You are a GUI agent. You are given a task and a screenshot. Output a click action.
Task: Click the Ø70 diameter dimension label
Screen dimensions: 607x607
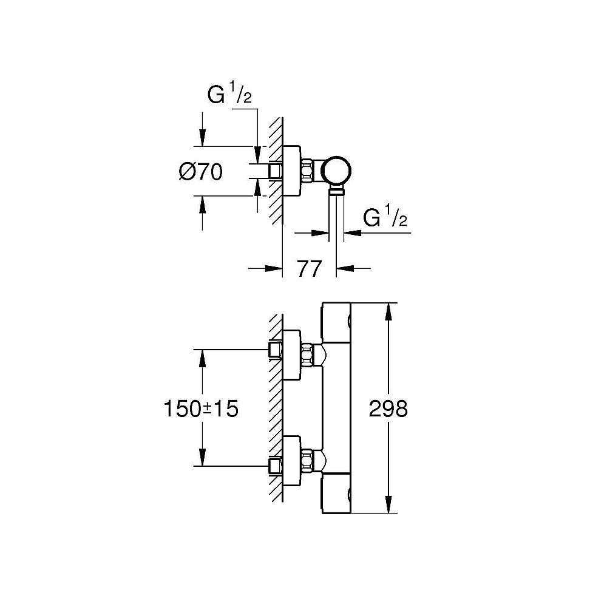pos(201,172)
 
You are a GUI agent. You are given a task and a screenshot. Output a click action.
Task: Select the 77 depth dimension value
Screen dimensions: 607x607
pos(309,268)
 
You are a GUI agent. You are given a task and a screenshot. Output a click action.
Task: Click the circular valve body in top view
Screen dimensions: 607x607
pos(337,171)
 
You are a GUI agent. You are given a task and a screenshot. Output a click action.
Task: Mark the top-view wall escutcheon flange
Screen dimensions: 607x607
pos(291,171)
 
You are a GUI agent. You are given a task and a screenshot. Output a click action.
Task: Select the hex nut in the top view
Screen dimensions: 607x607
pos(309,171)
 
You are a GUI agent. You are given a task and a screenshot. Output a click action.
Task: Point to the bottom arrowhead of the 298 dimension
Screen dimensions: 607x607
pos(388,506)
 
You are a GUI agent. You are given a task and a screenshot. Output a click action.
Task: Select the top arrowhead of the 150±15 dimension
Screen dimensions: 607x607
pos(201,357)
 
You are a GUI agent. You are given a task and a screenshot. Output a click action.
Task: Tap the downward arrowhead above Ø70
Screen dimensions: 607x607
pos(201,138)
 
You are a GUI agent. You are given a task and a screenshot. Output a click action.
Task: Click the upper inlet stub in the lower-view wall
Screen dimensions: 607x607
pos(277,350)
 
